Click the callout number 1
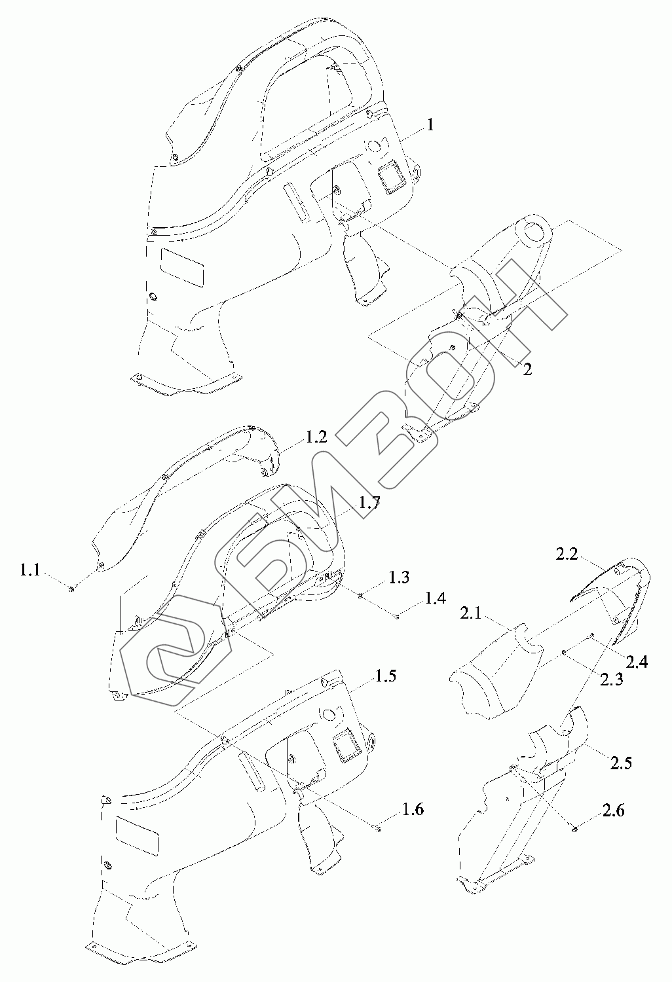(x=430, y=124)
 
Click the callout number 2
(x=527, y=369)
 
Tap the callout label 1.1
(x=30, y=571)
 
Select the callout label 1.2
(x=315, y=437)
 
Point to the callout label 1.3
(x=399, y=577)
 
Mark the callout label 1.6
(x=413, y=810)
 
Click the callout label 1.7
(x=369, y=503)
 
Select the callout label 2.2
(x=567, y=555)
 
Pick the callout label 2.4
(x=636, y=662)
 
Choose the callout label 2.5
(x=621, y=763)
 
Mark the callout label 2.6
(x=613, y=810)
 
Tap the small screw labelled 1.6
(x=376, y=829)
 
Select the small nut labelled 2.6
(x=574, y=829)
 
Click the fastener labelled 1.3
(x=360, y=594)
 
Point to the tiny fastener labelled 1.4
(x=398, y=615)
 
